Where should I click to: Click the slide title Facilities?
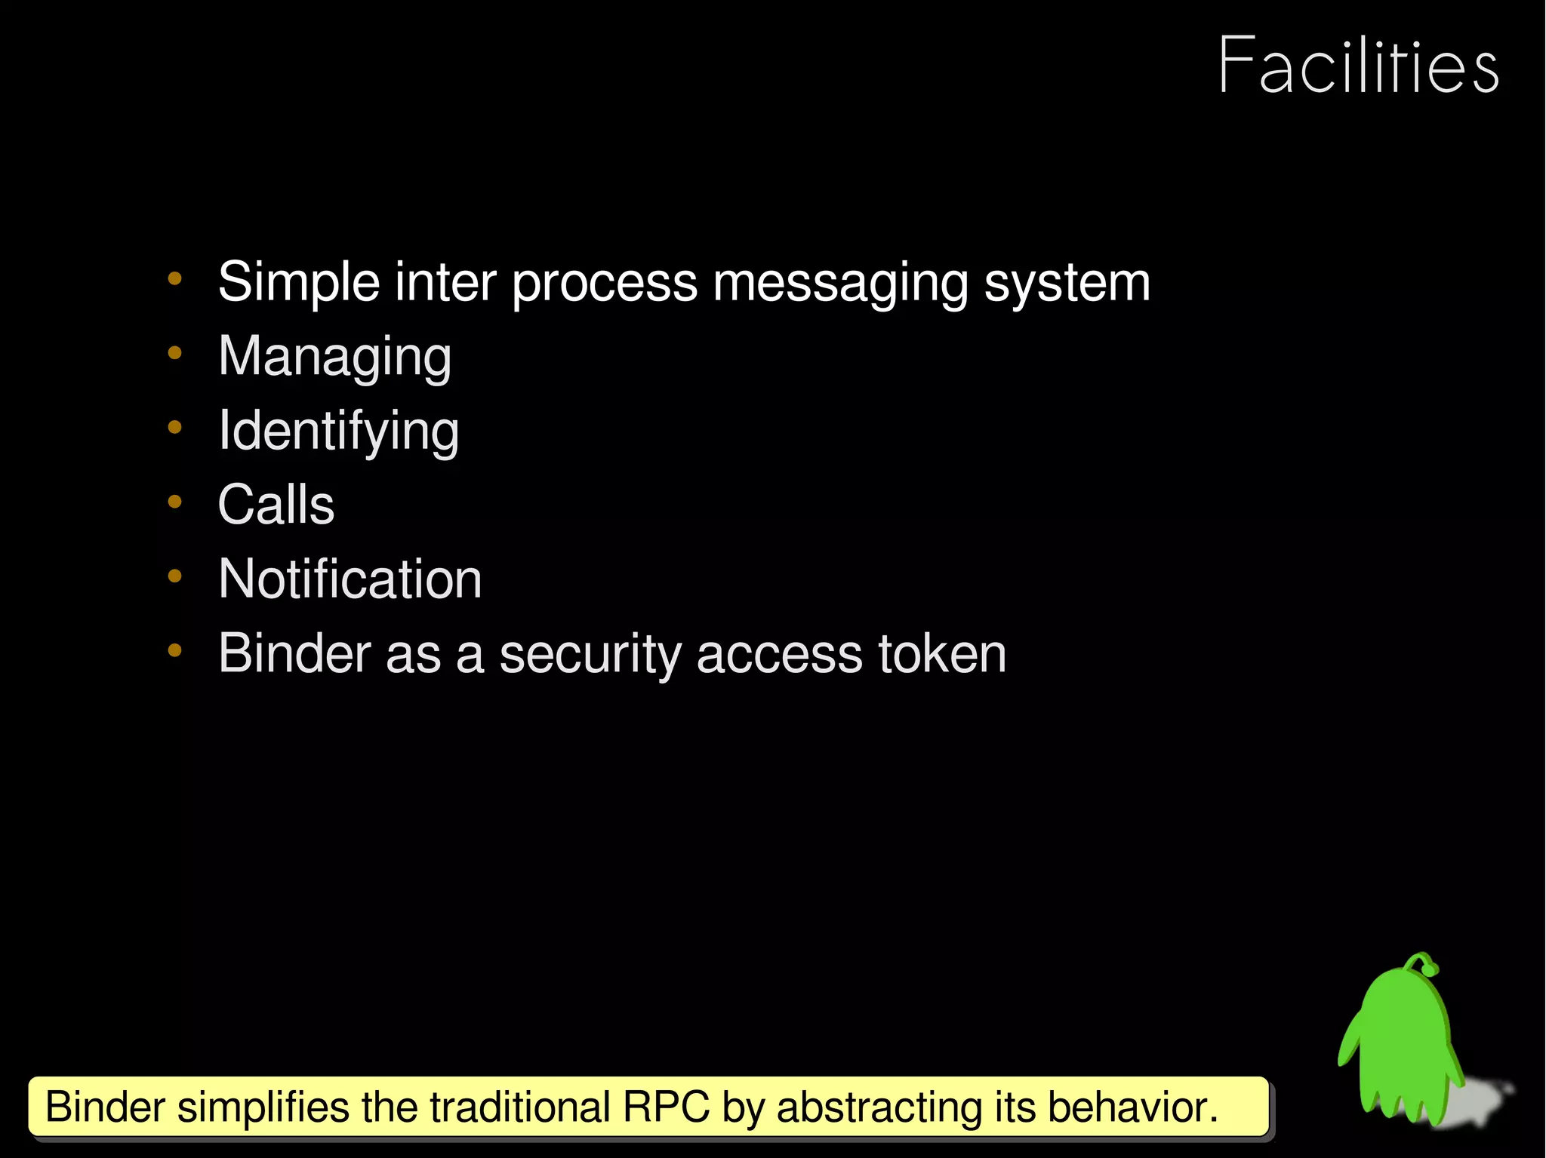[1358, 66]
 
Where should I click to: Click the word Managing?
[334, 356]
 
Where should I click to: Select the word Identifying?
[338, 431]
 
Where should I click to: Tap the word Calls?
[276, 505]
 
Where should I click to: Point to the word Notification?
[350, 579]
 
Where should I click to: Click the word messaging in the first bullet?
[839, 284]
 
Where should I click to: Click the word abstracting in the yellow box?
[879, 1107]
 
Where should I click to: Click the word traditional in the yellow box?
[519, 1107]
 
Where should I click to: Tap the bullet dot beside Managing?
[175, 353]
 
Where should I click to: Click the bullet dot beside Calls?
[175, 502]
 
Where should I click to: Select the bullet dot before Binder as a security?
[175, 650]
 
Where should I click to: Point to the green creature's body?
[1404, 1041]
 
